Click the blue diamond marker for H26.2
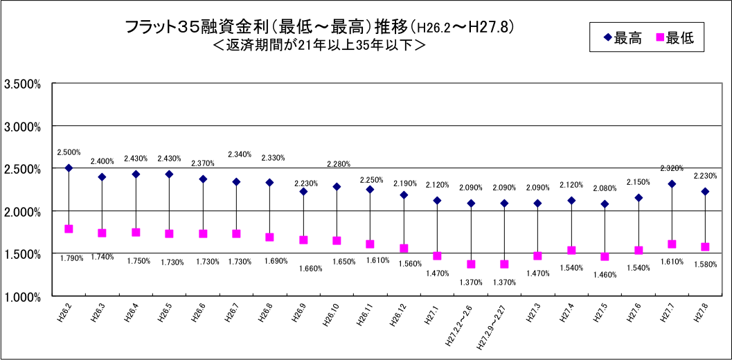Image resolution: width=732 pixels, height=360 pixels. pos(69,168)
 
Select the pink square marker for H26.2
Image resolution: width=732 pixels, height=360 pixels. pos(69,229)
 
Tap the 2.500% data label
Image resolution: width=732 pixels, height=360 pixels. pos(69,152)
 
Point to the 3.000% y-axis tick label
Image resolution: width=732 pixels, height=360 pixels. pos(23,127)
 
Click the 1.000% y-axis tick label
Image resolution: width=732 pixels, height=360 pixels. pos(23,296)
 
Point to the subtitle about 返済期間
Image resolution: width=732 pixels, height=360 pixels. pos(319,46)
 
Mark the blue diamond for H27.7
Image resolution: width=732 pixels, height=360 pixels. pos(672,183)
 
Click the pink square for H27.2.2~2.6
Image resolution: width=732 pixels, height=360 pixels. pos(471,264)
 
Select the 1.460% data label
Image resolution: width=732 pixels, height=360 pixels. pos(605,275)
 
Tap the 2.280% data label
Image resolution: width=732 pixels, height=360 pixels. pos(338,164)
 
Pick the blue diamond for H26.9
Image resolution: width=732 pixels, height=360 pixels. pos(303,191)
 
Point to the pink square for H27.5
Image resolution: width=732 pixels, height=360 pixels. pos(605,257)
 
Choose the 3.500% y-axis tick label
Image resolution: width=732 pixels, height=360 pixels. pos(23,84)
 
